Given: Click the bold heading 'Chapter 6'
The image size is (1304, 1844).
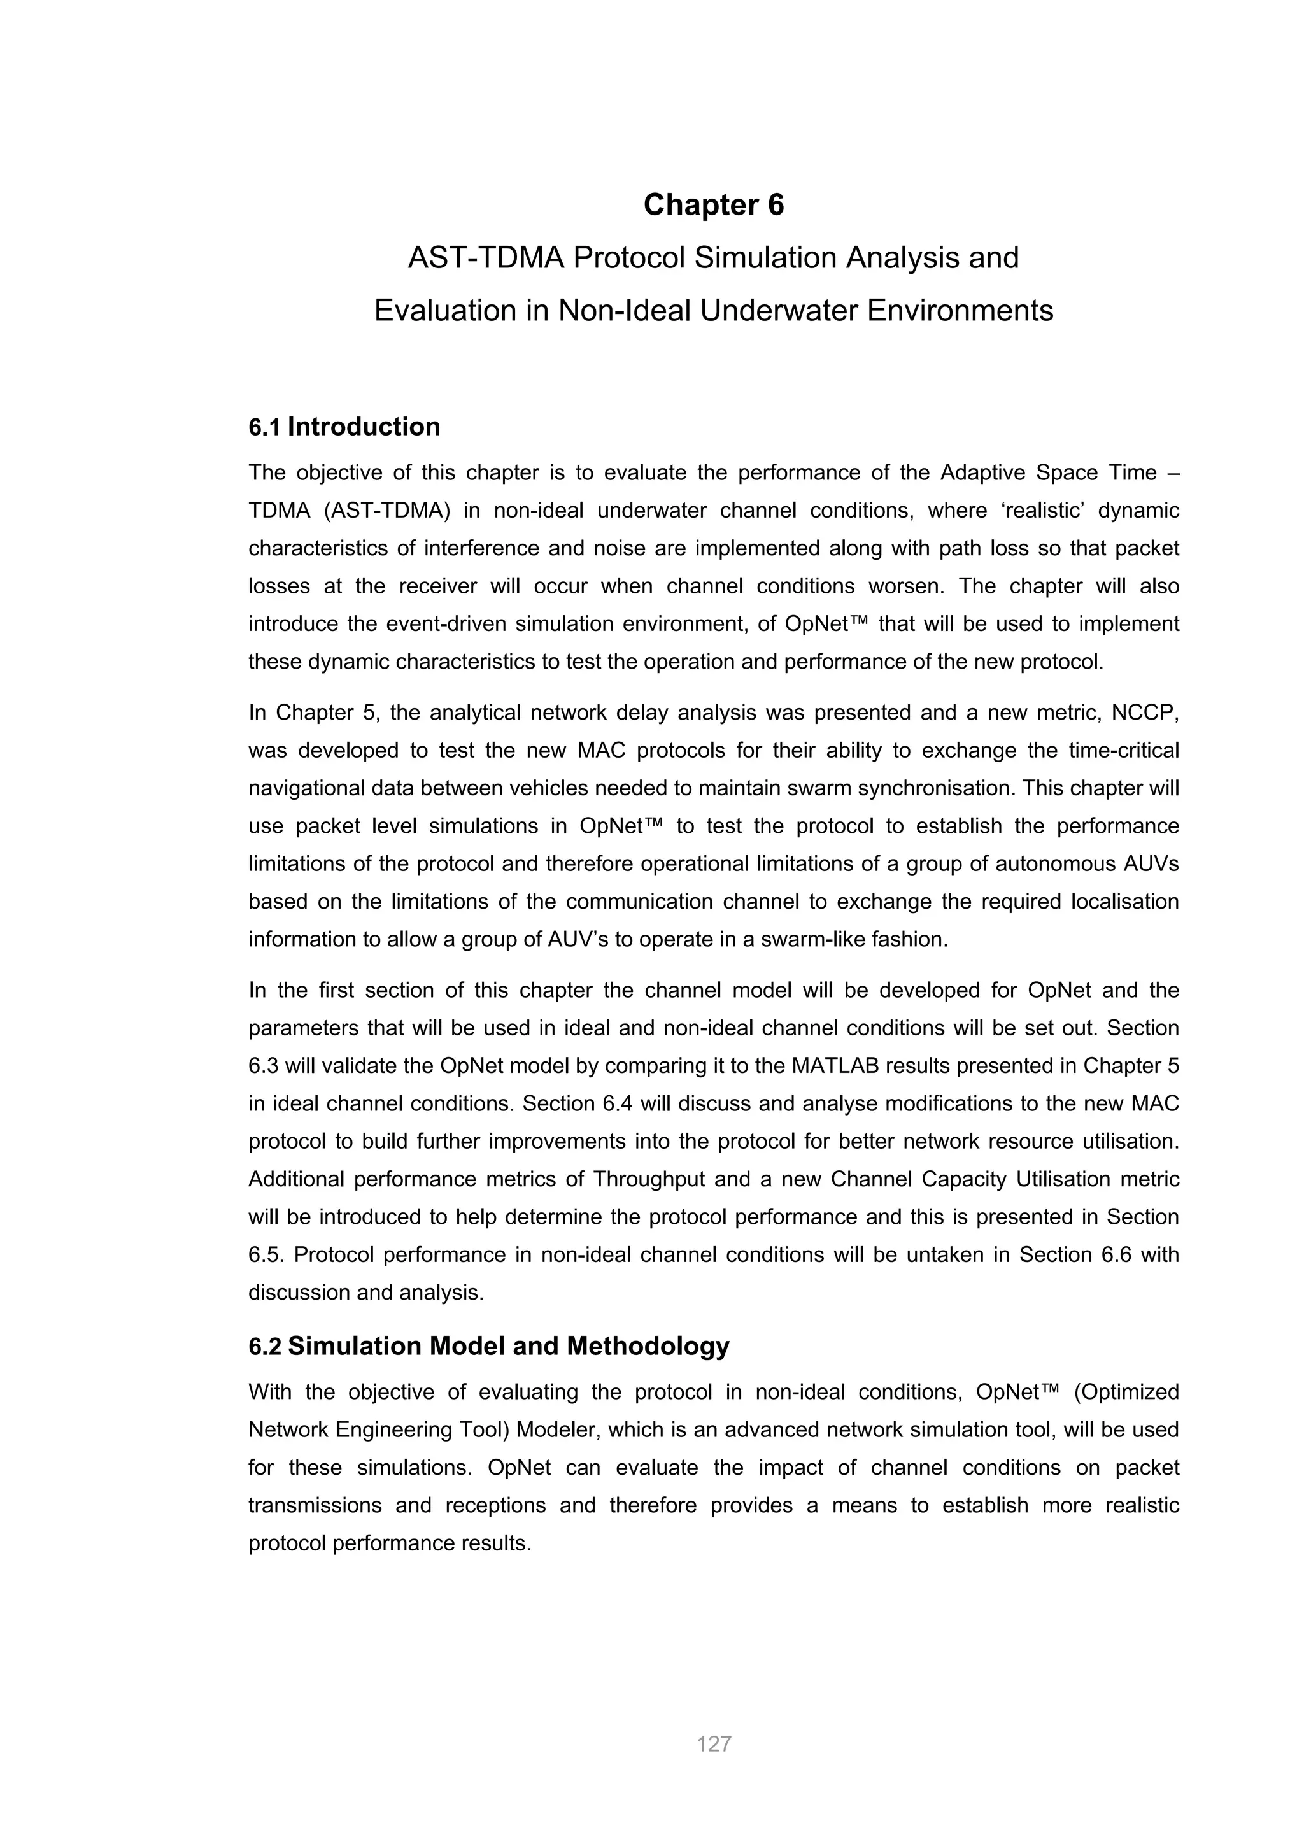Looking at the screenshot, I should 713,205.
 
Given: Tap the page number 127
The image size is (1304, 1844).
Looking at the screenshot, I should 713,1743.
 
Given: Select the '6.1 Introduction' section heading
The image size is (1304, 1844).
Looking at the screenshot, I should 344,427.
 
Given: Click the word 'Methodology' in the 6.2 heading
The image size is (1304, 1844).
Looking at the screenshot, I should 648,1345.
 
